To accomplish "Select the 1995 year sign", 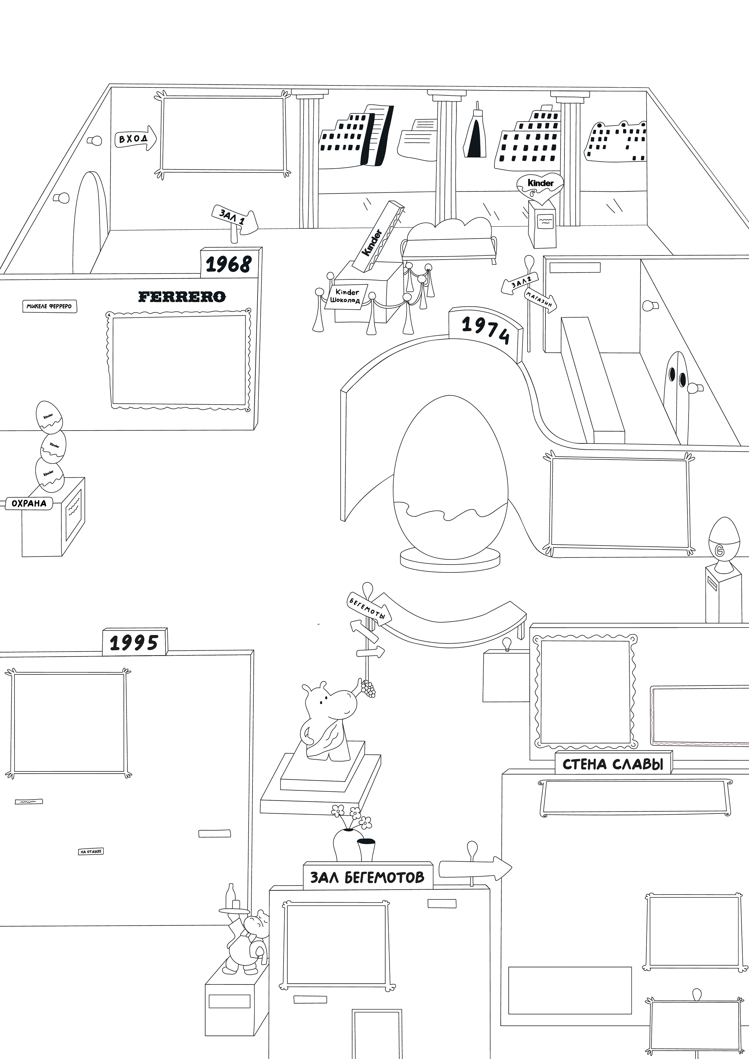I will pyautogui.click(x=134, y=642).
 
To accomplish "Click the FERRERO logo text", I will pyautogui.click(x=182, y=296).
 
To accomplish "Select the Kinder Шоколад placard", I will pyautogui.click(x=347, y=296).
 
